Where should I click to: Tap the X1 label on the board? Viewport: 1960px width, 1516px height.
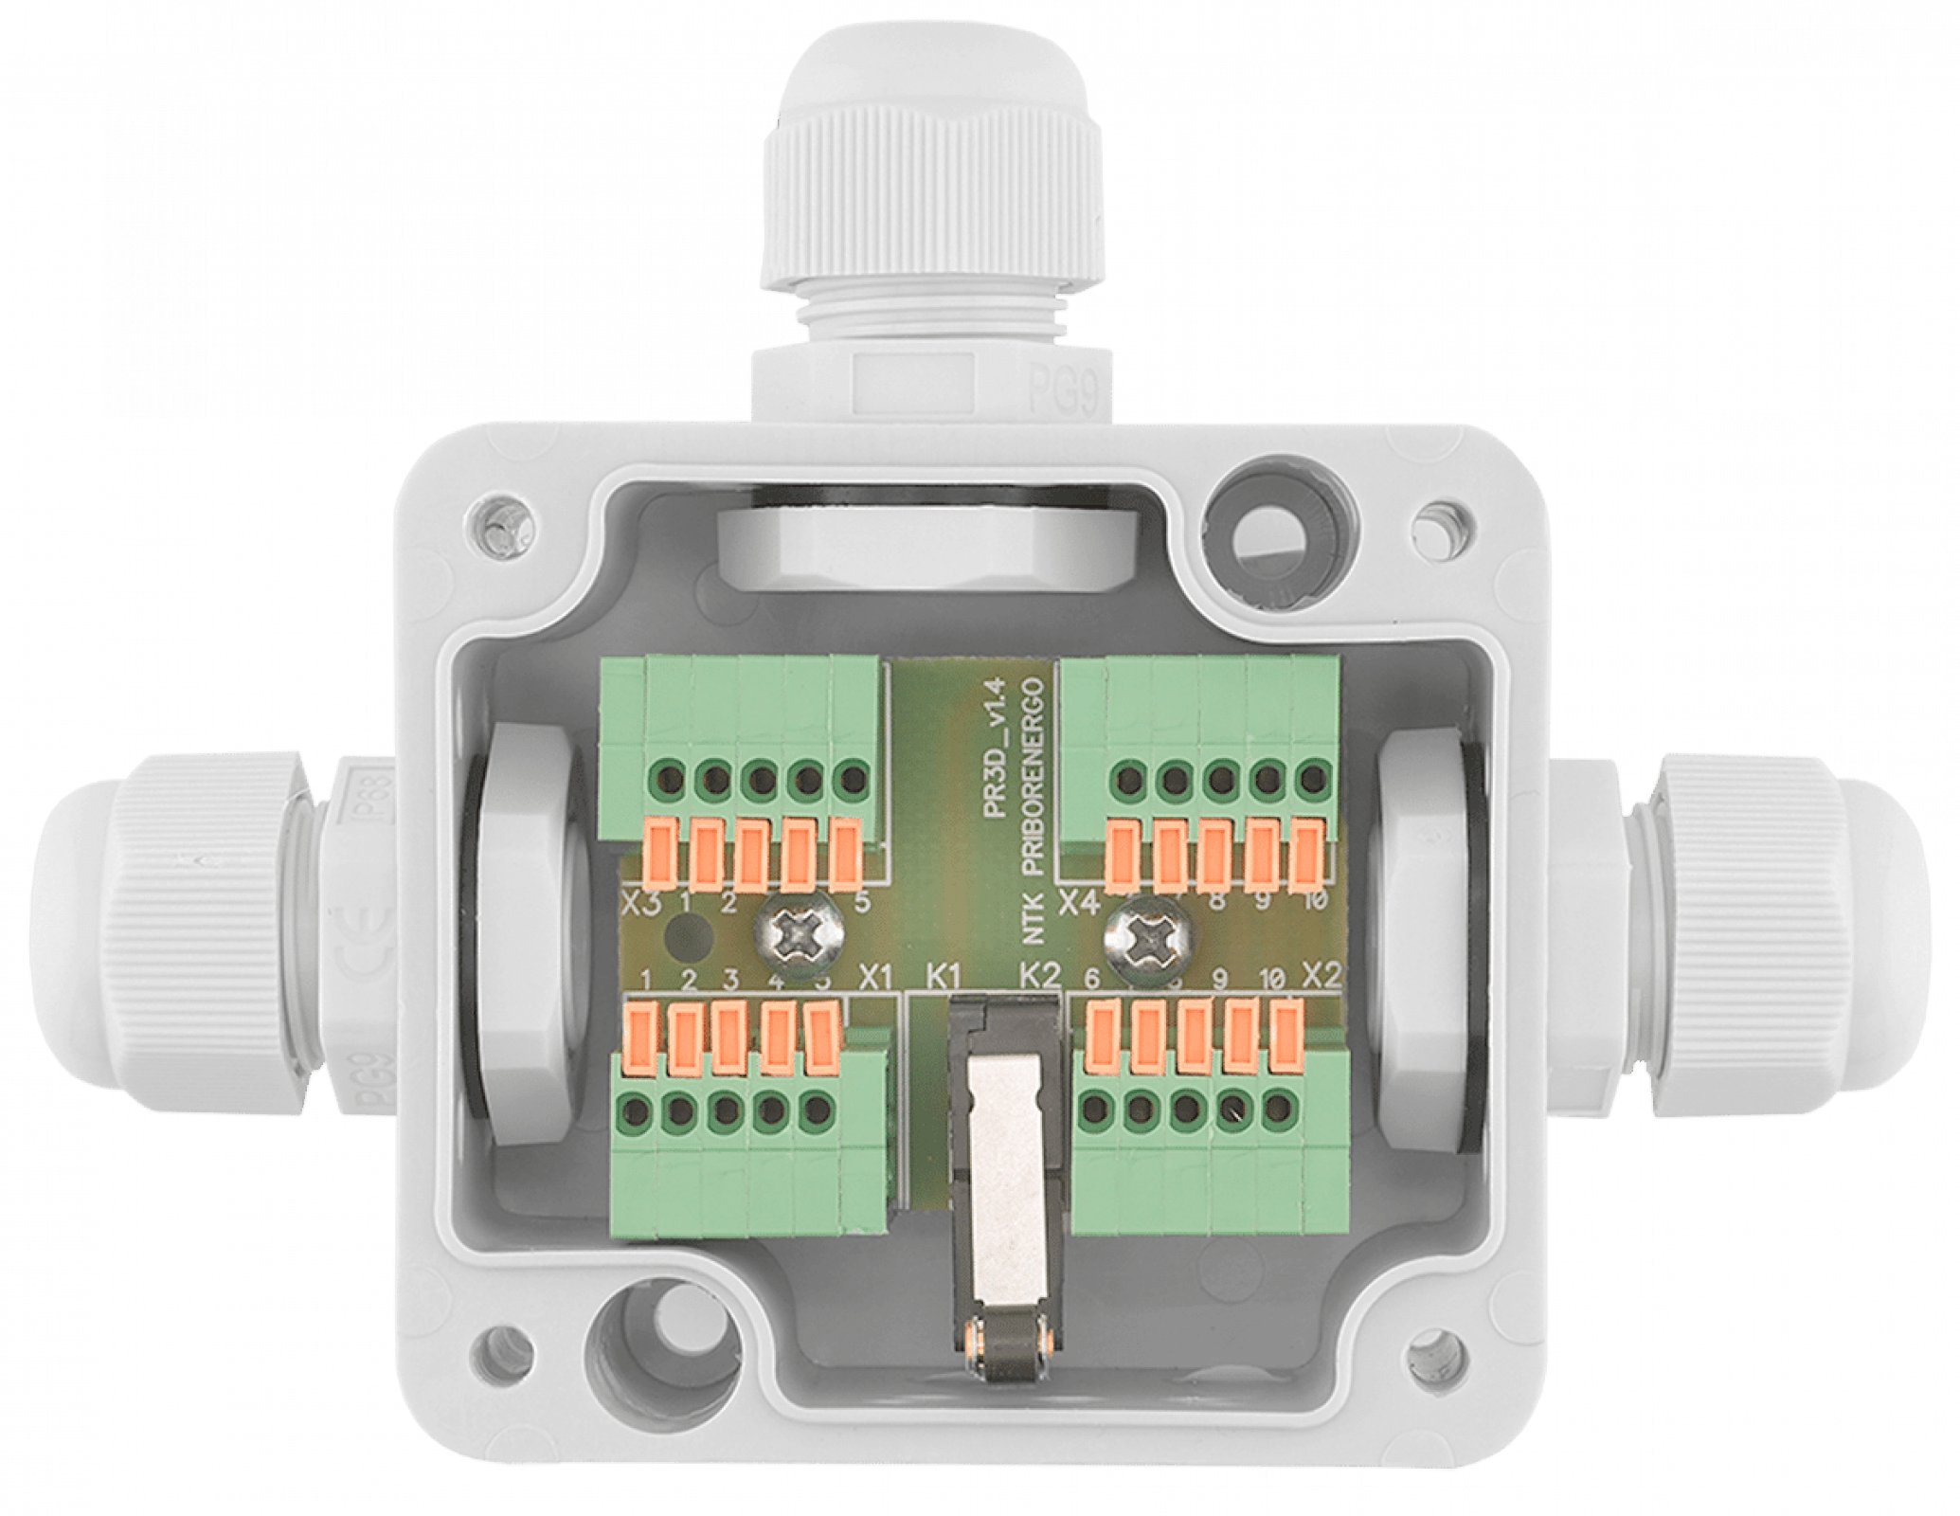coord(875,977)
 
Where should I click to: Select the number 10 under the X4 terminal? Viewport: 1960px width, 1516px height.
coord(1314,901)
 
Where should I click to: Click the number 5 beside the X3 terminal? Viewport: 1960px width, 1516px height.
coord(861,902)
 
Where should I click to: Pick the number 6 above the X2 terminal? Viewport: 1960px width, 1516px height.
coord(1091,978)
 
